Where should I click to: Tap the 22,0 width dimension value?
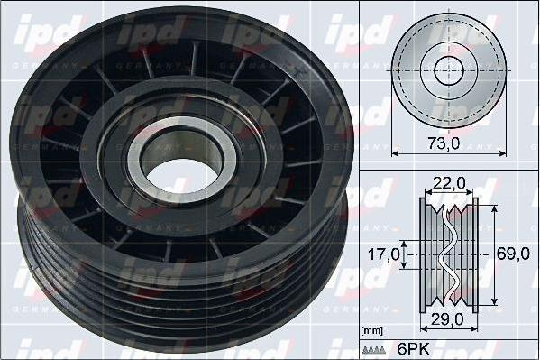447,182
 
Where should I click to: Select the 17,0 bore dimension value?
382,255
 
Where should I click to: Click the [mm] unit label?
371,331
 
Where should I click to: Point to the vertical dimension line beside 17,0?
407,255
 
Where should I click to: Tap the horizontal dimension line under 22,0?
447,192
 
